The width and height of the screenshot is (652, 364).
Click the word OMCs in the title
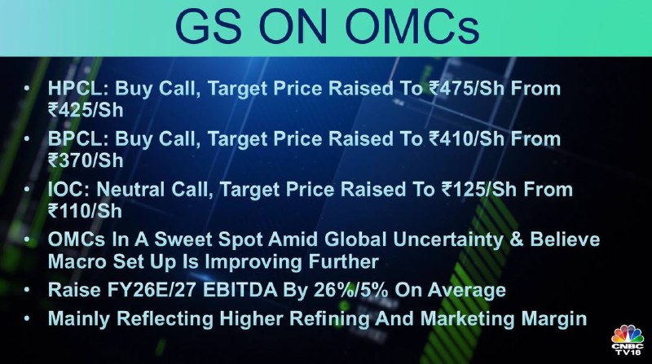click(x=412, y=28)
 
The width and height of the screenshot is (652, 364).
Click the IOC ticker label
click(x=69, y=190)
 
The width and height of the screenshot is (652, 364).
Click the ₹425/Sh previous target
click(x=86, y=111)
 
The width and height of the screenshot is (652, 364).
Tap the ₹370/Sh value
click(x=86, y=160)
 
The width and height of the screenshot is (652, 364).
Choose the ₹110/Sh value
click(x=85, y=212)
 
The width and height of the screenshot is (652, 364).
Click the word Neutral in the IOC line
click(x=130, y=190)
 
